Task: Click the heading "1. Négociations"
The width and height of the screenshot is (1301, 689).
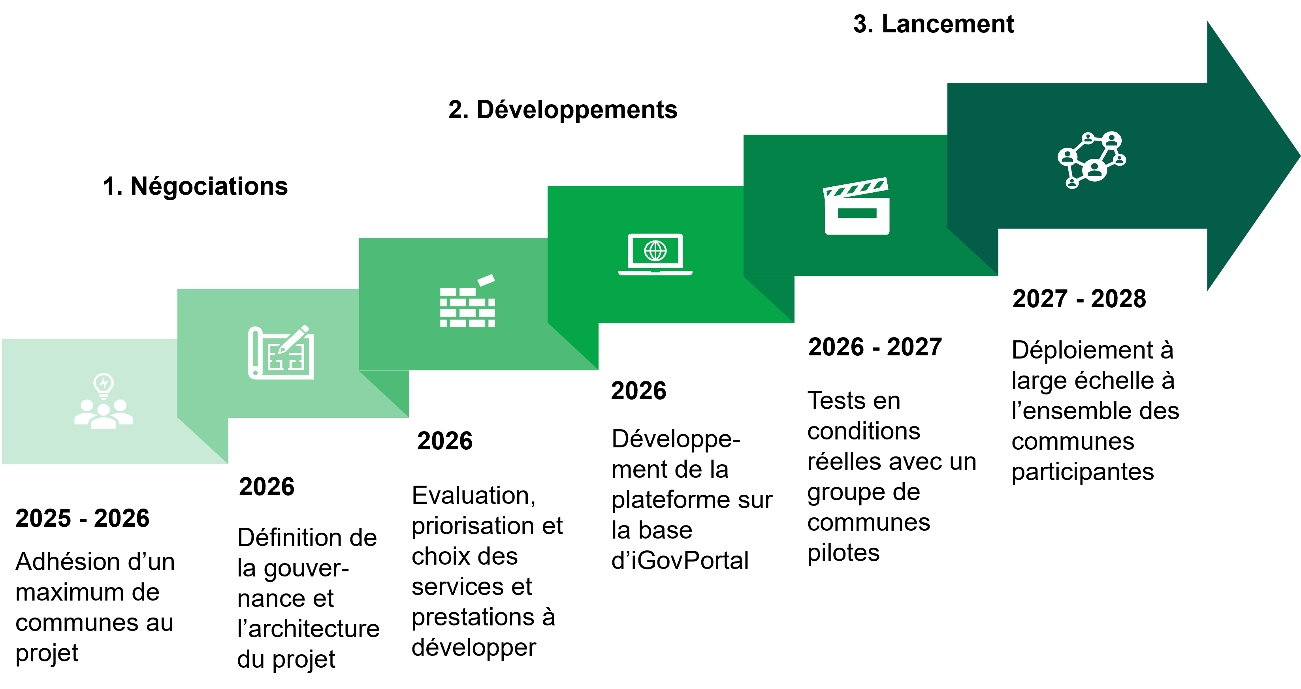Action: coord(195,186)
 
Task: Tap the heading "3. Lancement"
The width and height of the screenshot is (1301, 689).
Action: coord(933,24)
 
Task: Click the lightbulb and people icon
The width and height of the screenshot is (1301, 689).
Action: coord(104,401)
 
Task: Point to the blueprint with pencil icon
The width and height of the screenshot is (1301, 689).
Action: coord(281,352)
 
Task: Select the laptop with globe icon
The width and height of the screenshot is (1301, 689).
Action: coord(655,254)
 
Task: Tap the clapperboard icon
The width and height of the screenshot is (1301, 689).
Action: coord(857,206)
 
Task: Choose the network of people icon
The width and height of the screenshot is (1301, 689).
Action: coord(1092,160)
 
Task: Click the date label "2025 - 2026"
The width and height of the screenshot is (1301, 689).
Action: coord(82,518)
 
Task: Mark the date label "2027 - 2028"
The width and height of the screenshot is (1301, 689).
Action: coord(1079,299)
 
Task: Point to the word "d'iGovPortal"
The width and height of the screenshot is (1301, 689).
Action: coord(680,560)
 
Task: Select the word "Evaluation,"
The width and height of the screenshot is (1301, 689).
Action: coord(474,495)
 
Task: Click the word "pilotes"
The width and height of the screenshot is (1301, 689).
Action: coord(843,553)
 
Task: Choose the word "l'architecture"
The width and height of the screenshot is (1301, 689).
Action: coord(308,629)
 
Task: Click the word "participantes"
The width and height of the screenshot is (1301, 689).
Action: coord(1083,472)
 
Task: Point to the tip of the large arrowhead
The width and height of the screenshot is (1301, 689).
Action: coord(1299,156)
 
